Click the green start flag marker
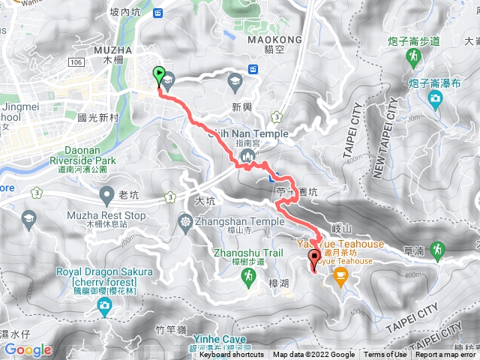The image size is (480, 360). pos(159,73)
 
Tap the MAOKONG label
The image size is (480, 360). pos(279,39)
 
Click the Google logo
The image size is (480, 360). pos(28,349)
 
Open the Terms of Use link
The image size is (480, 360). pos(384,355)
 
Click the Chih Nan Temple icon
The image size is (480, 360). pos(247,157)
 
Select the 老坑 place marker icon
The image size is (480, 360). pos(106,196)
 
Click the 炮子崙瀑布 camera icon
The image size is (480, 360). pos(436,98)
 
